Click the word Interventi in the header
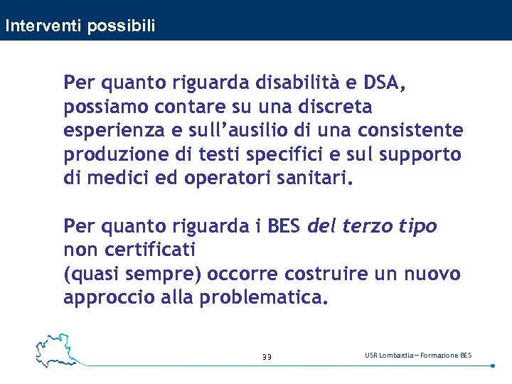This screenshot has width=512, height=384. point(43,26)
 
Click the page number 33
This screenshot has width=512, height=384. point(267,356)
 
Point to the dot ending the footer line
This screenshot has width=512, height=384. point(493,366)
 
